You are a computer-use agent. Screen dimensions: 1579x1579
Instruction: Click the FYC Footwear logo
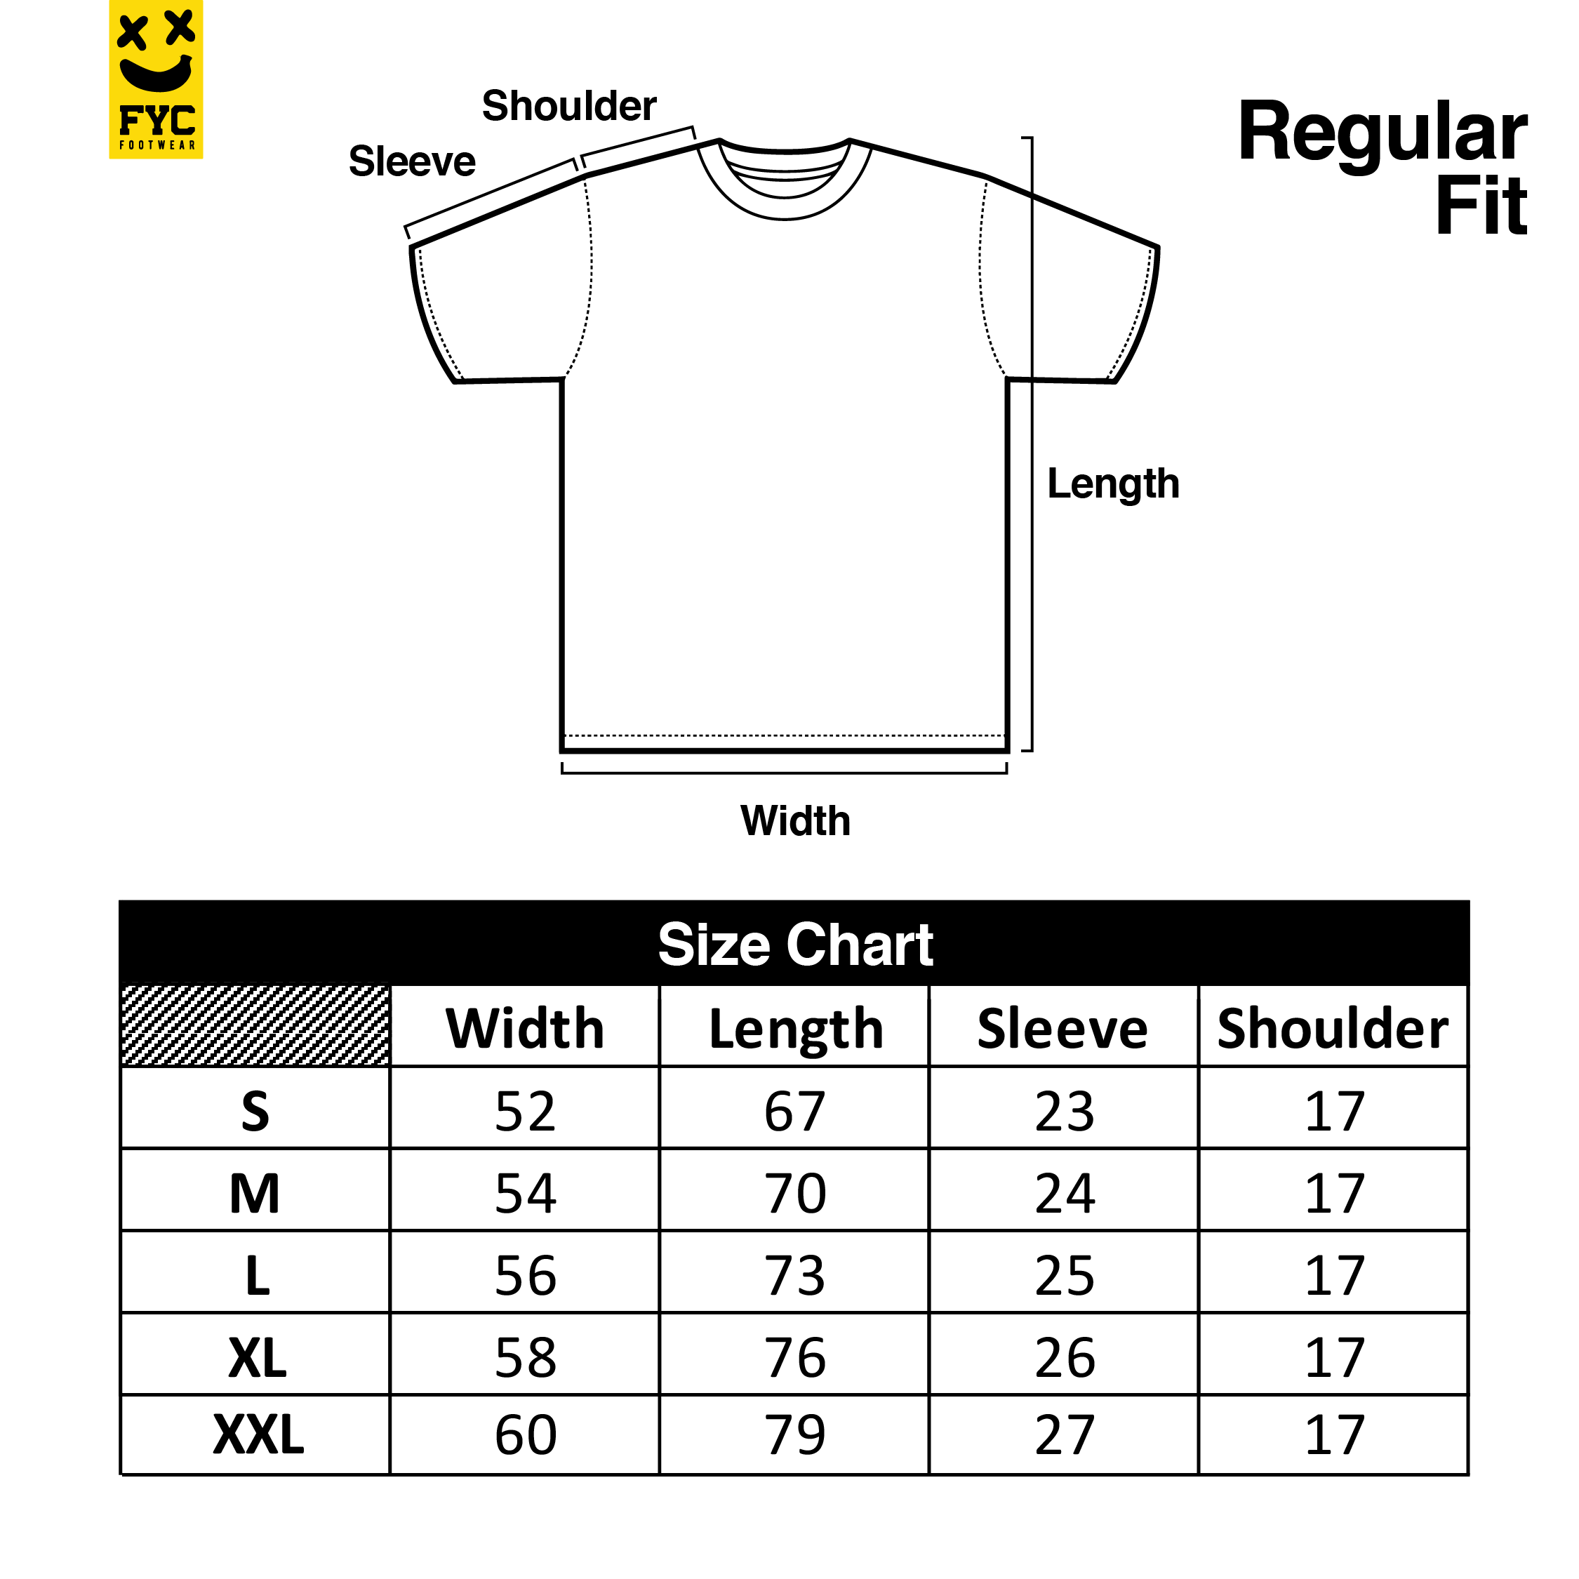155,79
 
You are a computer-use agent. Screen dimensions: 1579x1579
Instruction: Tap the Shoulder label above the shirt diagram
569,106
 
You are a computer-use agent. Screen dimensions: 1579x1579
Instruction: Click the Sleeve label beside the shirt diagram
412,161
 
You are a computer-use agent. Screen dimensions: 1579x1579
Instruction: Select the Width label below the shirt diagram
795,820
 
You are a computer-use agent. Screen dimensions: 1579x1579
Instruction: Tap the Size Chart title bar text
795,945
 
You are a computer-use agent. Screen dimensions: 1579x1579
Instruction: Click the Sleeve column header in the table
1062,1029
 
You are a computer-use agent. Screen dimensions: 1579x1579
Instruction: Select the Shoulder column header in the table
1333,1029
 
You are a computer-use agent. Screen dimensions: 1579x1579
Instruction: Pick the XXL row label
258,1434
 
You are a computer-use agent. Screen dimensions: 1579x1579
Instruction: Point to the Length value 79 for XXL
795,1434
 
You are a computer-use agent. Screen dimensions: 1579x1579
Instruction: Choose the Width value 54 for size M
526,1194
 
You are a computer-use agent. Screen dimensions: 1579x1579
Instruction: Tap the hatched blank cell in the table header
255,1026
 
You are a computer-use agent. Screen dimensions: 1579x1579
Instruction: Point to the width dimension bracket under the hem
785,773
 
